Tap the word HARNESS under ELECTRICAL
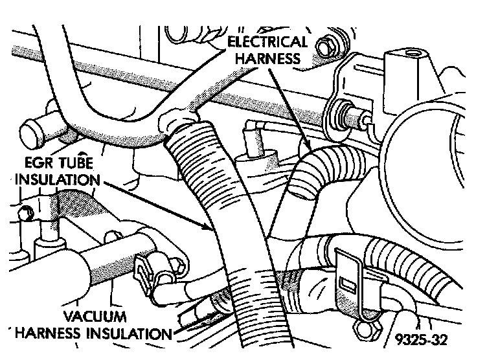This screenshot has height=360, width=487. [x=267, y=58]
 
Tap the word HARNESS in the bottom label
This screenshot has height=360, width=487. [x=51, y=333]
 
